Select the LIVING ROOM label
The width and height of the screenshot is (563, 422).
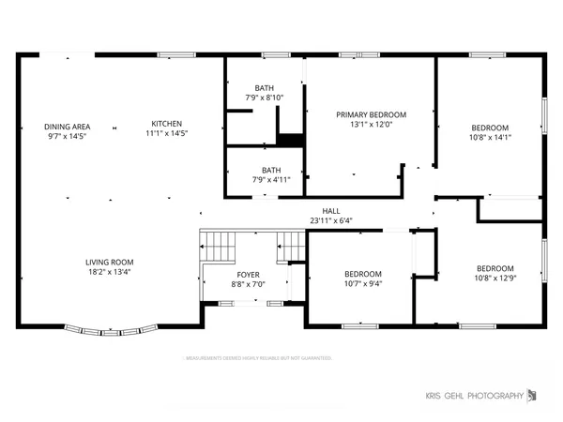click(x=111, y=262)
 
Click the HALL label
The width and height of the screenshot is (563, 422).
click(x=331, y=211)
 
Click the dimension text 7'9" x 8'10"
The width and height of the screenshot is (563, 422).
click(x=265, y=97)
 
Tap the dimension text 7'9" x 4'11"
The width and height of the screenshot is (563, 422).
click(x=265, y=179)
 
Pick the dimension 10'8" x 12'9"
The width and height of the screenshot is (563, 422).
click(x=495, y=278)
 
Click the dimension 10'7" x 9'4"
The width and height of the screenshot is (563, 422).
click(x=361, y=284)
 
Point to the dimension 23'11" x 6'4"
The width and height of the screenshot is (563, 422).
click(x=331, y=221)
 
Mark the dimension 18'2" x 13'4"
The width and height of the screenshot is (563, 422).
click(x=111, y=272)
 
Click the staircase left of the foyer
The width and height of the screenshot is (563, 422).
click(x=219, y=248)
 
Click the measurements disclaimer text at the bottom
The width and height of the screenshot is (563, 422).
click(x=257, y=358)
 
